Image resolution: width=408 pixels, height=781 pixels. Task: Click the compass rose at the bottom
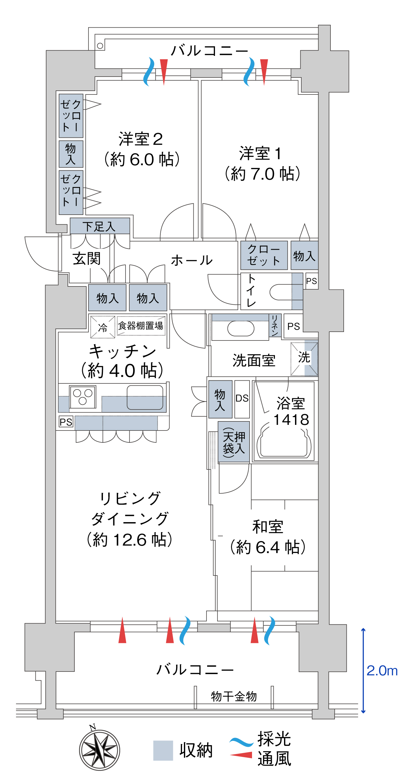[99, 750]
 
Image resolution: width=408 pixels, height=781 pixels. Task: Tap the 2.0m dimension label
[382, 671]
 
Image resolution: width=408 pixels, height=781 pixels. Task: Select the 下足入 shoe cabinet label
[99, 226]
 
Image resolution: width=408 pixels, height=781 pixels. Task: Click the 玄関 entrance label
[87, 259]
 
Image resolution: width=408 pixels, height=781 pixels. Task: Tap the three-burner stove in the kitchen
[83, 397]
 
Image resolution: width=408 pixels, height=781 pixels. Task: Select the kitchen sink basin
[145, 397]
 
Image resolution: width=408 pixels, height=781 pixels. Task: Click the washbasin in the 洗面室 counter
[240, 329]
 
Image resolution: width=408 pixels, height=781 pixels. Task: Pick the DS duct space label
[242, 398]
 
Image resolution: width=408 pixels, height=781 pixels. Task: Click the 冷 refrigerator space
[103, 327]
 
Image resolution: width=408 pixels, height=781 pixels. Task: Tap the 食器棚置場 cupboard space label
[141, 326]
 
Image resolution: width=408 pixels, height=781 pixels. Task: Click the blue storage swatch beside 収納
[163, 750]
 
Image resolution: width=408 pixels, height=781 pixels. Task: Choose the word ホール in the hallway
[192, 260]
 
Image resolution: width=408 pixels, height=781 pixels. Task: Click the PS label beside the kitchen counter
[66, 422]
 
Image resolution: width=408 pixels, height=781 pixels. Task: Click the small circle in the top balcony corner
[100, 46]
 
